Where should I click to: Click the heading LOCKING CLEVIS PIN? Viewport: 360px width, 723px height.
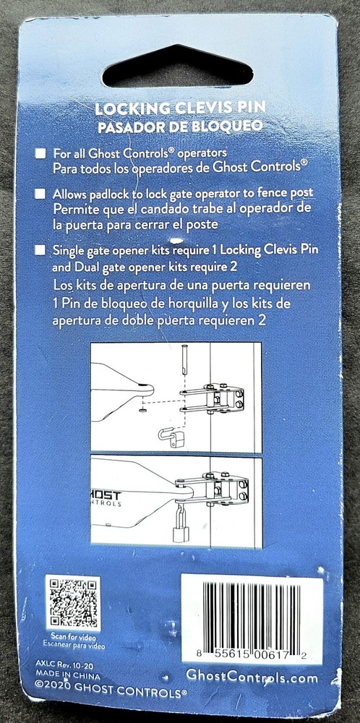[x=180, y=110]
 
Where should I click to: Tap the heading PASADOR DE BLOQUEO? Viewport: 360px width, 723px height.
[x=180, y=124]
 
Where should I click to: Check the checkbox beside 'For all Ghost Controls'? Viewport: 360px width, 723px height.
[x=40, y=153]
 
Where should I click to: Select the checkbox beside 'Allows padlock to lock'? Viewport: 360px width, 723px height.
[x=40, y=194]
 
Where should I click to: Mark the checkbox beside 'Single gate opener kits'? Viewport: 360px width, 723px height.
[x=40, y=250]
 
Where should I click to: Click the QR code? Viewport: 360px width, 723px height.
[x=71, y=602]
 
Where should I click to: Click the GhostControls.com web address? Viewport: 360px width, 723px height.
[x=251, y=676]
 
